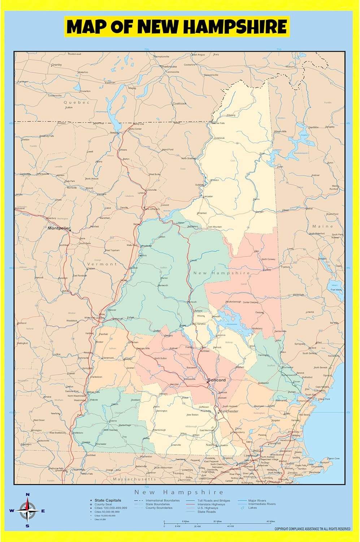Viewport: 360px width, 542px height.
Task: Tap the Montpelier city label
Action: pyautogui.click(x=58, y=228)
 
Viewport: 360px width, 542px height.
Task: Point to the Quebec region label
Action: pyautogui.click(x=76, y=102)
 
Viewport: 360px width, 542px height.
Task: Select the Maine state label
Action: pyautogui.click(x=322, y=226)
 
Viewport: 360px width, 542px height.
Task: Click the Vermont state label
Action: pyautogui.click(x=102, y=264)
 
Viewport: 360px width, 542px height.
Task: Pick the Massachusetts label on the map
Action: pyautogui.click(x=134, y=479)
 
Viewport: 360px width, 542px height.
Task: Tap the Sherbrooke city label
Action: pyautogui.click(x=169, y=66)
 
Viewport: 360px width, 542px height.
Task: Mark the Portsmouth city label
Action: pyautogui.click(x=303, y=401)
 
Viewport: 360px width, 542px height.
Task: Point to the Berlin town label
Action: pyautogui.click(x=257, y=199)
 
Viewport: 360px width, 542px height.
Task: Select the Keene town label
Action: pyautogui.click(x=113, y=421)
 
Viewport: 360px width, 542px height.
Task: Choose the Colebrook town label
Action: pyautogui.click(x=220, y=138)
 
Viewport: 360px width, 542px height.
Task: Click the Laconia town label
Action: pyautogui.click(x=221, y=335)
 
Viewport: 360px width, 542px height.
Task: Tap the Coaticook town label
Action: pyautogui.click(x=179, y=104)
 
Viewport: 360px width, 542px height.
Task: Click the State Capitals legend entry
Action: pyautogui.click(x=108, y=500)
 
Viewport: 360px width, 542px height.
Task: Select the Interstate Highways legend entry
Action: pyautogui.click(x=211, y=504)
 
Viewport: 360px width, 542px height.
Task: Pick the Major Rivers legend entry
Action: pyautogui.click(x=257, y=501)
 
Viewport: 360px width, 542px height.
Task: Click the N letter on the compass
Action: pyautogui.click(x=28, y=495)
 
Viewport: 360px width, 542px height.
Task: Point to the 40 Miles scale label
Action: pyautogui.click(x=270, y=521)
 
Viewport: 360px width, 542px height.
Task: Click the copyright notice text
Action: pyautogui.click(x=312, y=529)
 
